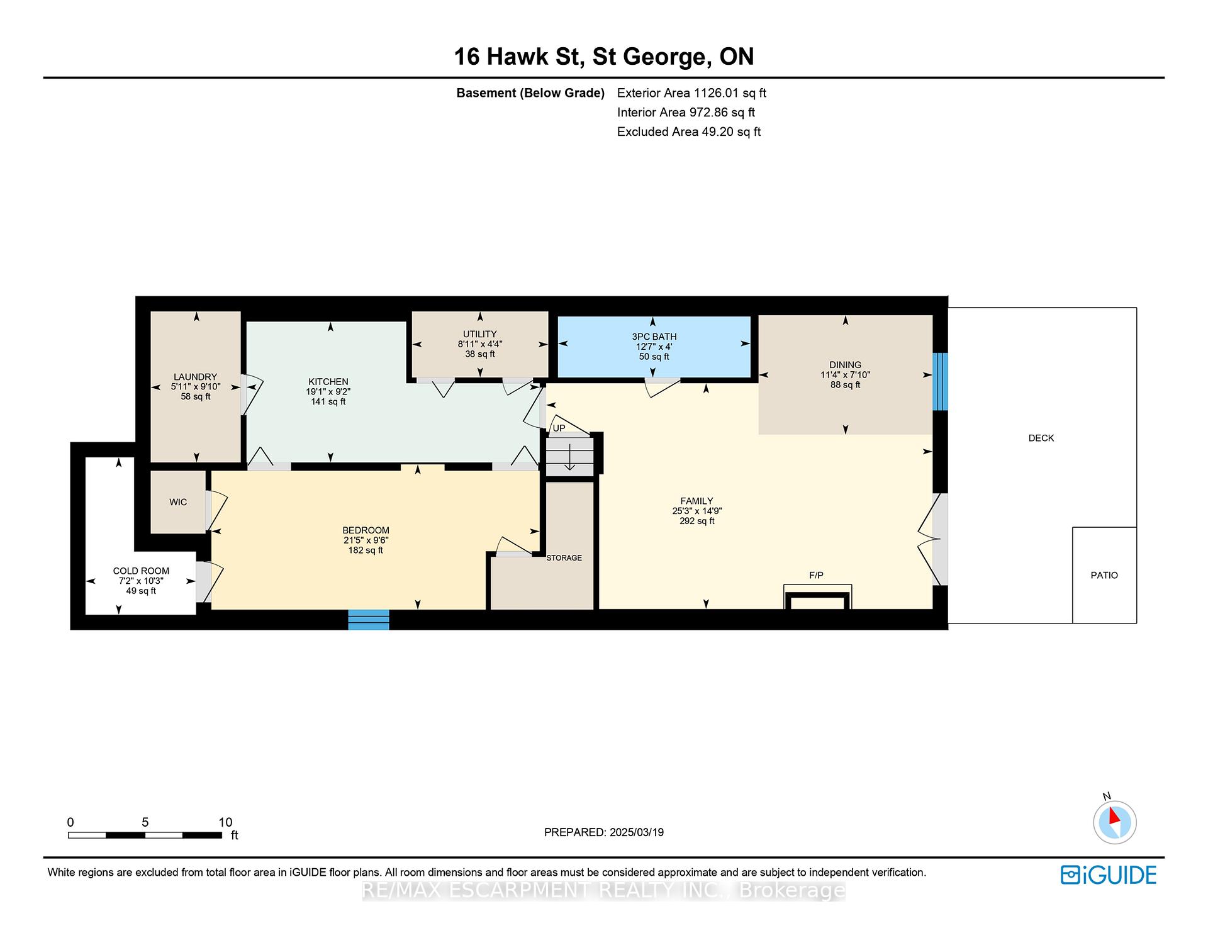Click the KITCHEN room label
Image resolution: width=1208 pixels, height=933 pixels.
click(328, 382)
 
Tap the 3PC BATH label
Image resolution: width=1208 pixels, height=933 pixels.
click(654, 337)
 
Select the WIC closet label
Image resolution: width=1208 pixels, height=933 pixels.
click(178, 502)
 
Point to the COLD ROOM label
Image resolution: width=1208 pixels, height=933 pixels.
click(141, 571)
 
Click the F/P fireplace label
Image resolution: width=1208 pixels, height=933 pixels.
click(816, 575)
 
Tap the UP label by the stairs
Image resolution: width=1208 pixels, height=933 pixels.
click(559, 428)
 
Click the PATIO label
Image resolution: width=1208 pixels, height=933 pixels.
click(1104, 575)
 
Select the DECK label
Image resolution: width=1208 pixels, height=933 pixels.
click(1041, 438)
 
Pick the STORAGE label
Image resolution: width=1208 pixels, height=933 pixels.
click(564, 558)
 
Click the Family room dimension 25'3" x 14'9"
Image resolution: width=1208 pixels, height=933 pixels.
click(696, 511)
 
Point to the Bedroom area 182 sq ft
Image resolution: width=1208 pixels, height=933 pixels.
click(366, 550)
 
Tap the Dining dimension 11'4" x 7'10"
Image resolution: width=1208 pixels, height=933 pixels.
click(845, 375)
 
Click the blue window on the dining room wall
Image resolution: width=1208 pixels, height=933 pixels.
click(939, 382)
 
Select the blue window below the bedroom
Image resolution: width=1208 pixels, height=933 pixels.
click(369, 619)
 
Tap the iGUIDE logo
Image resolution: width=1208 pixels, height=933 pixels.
click(1109, 875)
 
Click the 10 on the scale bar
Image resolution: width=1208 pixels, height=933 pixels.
click(225, 822)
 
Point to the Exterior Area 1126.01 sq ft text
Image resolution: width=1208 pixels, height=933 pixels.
click(691, 93)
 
